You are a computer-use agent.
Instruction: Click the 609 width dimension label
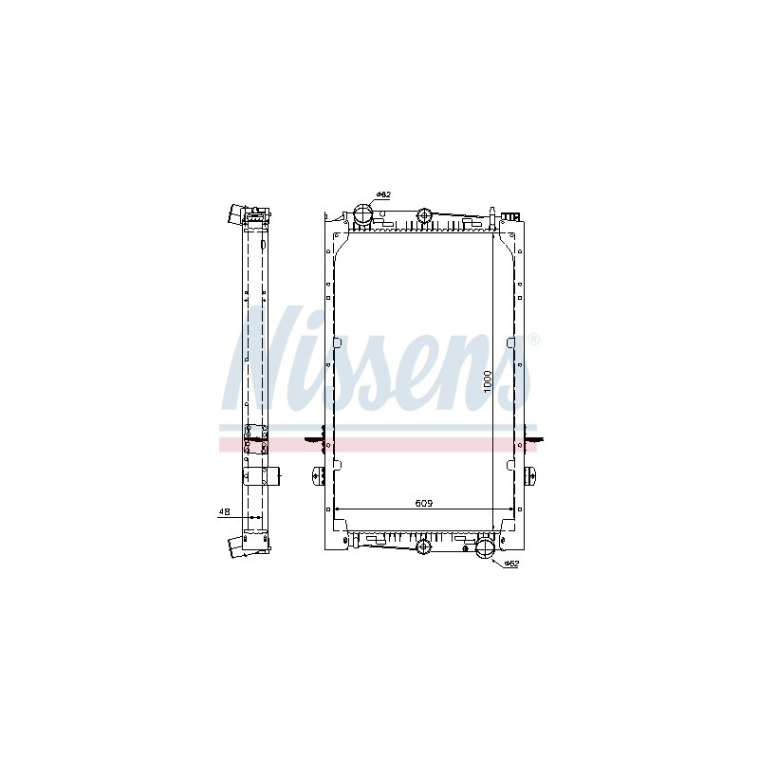coord(423,504)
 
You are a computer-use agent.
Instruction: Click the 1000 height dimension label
coord(488,381)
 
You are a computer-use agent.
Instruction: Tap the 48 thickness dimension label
coord(224,511)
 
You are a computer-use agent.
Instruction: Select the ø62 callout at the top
coord(383,194)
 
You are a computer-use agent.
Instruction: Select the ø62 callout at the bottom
coord(511,564)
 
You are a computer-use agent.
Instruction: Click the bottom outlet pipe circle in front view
coord(484,548)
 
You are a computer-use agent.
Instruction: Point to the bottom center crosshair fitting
coord(423,546)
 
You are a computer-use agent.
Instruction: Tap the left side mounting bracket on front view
coord(319,475)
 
